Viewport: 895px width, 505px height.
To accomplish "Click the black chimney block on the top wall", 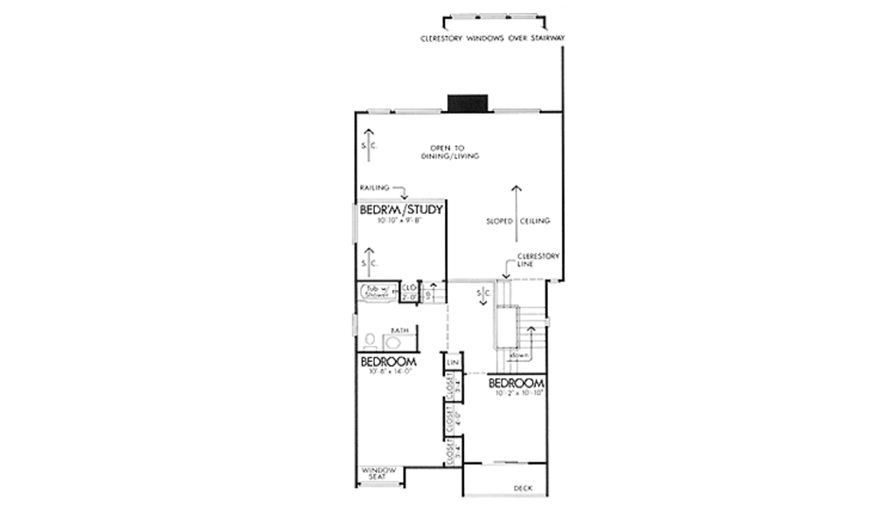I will tap(467, 104).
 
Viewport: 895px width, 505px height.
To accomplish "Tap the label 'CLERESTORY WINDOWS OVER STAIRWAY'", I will tap(493, 38).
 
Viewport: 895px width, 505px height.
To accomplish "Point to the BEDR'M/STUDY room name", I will tap(402, 211).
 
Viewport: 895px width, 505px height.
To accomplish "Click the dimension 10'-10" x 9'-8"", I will tap(400, 222).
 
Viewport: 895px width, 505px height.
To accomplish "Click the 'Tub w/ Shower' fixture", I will tap(377, 292).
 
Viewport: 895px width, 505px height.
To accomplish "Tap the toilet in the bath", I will tap(371, 340).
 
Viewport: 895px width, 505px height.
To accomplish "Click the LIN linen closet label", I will tap(453, 361).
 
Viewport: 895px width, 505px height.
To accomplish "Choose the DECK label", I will tap(523, 488).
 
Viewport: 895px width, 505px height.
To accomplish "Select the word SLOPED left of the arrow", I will tap(498, 222).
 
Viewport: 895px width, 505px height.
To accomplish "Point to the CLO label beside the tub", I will tap(408, 287).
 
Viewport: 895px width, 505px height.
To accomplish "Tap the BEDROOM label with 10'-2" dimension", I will tap(517, 384).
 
